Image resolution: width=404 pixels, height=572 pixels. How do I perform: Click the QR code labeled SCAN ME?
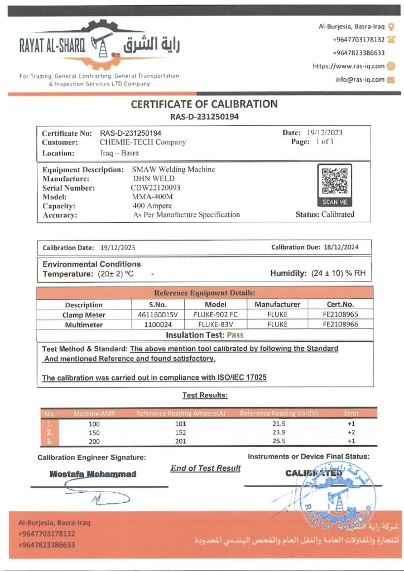(334, 182)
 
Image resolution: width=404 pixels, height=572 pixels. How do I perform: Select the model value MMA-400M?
(152, 197)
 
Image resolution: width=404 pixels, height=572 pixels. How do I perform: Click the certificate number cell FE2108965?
(340, 315)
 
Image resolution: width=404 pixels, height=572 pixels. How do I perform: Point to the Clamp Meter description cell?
(84, 315)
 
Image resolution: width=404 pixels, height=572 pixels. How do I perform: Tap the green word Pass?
(234, 335)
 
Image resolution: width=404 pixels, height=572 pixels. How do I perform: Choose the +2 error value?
(352, 432)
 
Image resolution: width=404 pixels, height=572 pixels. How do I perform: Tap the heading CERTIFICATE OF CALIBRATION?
(204, 104)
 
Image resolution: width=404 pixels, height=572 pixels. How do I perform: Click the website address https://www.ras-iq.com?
(349, 66)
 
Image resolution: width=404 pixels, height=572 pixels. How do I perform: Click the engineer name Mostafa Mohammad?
(93, 474)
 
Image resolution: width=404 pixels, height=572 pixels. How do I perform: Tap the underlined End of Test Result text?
(205, 468)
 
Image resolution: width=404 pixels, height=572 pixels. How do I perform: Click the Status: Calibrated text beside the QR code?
(325, 214)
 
